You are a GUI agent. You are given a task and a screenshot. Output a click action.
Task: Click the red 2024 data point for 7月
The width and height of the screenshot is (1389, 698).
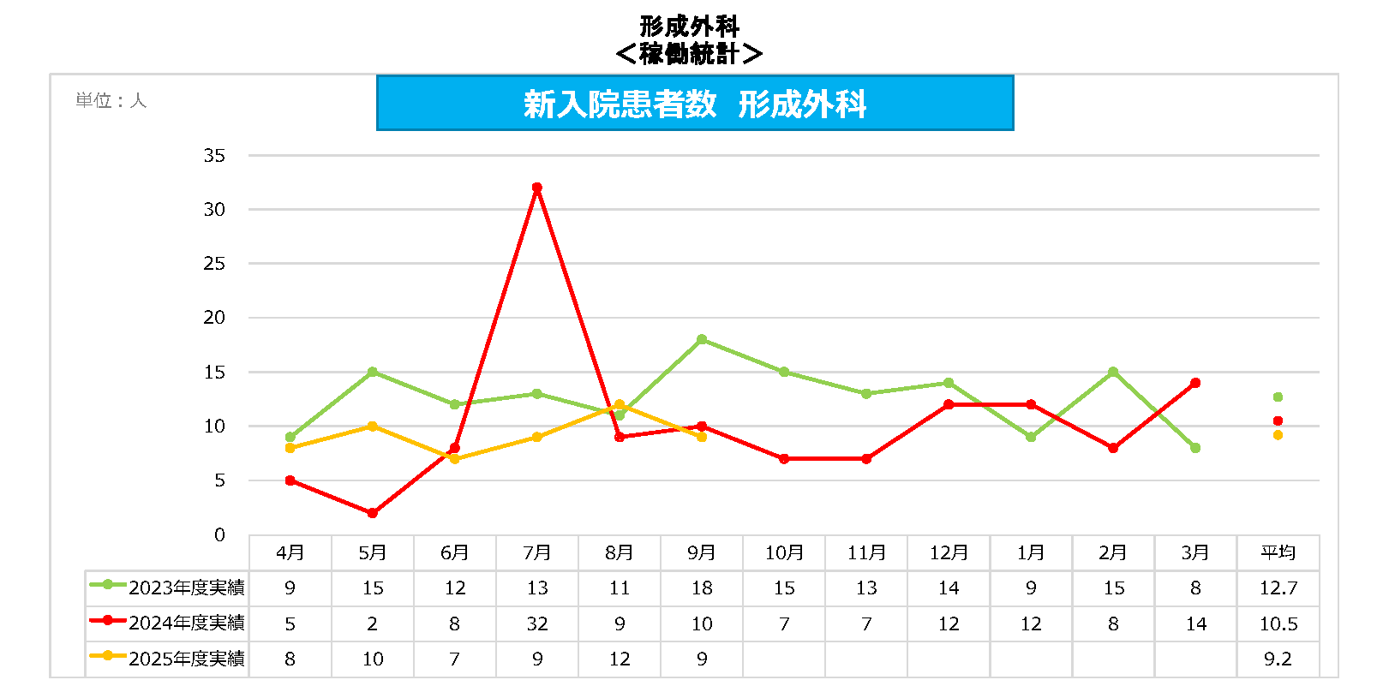click(537, 188)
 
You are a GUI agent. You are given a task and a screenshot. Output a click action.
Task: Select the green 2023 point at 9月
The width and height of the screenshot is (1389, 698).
click(702, 340)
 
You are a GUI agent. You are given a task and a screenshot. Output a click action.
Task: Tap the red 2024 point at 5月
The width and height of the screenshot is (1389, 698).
click(373, 513)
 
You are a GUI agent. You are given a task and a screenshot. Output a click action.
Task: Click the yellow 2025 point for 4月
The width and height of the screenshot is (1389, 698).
click(290, 448)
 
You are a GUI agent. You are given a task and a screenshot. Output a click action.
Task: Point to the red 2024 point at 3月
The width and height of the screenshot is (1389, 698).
click(1195, 383)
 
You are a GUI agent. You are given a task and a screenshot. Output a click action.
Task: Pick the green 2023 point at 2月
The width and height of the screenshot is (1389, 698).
click(1113, 372)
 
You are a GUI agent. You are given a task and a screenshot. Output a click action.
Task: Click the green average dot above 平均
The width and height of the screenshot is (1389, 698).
click(1278, 397)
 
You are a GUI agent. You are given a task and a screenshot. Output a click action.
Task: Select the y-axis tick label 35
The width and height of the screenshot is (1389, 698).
click(214, 156)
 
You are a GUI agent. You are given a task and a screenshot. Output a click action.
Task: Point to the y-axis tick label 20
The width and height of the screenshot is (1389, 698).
click(214, 318)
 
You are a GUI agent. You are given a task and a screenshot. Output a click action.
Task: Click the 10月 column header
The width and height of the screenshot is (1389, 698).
click(784, 553)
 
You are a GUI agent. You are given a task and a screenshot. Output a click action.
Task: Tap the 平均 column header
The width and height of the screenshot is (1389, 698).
click(1278, 553)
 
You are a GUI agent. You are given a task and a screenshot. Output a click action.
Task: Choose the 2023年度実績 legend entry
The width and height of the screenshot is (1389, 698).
click(168, 588)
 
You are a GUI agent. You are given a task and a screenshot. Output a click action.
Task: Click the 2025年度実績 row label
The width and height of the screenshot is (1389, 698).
click(168, 659)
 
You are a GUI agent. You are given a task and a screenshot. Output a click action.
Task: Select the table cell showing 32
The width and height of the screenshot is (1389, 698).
click(537, 623)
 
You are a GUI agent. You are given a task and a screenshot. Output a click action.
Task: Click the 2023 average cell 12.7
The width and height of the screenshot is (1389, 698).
click(1278, 588)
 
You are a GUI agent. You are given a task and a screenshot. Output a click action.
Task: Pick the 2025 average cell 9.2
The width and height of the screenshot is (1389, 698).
click(1278, 659)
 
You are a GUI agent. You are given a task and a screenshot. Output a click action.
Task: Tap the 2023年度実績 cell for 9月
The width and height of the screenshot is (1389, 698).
click(702, 588)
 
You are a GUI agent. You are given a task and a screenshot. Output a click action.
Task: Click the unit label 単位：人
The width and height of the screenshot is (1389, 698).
click(111, 101)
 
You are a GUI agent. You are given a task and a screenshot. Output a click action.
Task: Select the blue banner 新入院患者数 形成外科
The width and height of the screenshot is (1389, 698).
click(695, 104)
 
